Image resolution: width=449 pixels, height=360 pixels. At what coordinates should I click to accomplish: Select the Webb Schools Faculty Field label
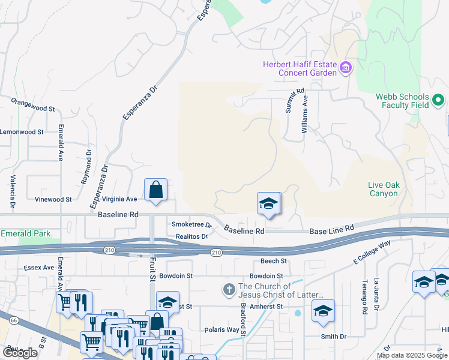click(402, 101)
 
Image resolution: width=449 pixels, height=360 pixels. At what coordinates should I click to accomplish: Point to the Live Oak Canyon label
click(383, 190)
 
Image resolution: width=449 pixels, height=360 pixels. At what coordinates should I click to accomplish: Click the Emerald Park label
click(25, 233)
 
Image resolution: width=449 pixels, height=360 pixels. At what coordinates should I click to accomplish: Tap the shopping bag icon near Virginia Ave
click(155, 190)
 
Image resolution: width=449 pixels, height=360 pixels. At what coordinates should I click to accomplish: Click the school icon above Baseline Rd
click(269, 203)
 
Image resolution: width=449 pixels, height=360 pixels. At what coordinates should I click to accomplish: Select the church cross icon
click(228, 290)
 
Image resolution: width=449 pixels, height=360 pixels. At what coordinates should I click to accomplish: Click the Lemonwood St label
click(22, 131)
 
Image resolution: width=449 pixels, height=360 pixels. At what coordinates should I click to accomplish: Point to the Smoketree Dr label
click(192, 225)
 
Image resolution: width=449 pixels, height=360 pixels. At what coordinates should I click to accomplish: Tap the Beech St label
click(274, 261)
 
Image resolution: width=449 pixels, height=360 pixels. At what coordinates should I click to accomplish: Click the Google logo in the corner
click(20, 352)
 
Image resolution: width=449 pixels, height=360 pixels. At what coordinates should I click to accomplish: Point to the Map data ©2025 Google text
click(412, 355)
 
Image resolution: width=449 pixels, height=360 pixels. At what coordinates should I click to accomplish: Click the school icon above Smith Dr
click(323, 311)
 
